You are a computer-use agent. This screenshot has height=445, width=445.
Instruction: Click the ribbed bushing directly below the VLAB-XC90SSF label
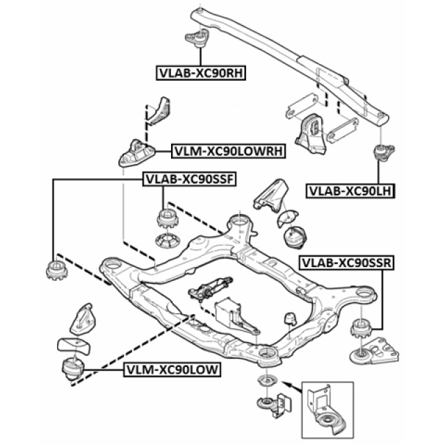pos(167,218)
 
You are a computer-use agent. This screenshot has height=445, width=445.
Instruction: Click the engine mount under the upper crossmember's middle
pos(310,136)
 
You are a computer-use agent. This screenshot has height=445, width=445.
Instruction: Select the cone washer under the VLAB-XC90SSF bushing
pos(167,243)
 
